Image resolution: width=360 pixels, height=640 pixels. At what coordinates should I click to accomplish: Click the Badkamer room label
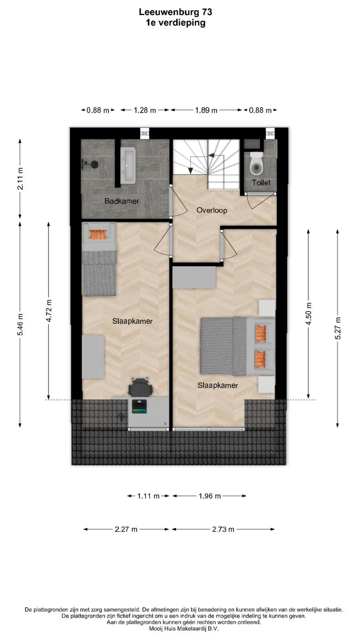point(122,201)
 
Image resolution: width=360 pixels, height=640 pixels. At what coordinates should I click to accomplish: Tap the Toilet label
point(261,182)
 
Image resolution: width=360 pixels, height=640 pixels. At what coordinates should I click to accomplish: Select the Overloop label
point(212,210)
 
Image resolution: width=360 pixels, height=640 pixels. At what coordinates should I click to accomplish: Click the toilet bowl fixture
point(256,164)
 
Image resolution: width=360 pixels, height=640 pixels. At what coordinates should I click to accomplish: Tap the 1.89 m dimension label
point(206,110)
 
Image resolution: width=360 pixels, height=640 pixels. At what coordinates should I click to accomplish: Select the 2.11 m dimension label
point(20,179)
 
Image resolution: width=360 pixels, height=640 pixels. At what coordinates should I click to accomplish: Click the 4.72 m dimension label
point(49,311)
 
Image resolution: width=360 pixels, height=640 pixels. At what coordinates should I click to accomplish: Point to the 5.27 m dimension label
point(338,328)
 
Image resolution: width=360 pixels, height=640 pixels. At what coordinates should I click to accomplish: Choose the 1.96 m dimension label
point(210,496)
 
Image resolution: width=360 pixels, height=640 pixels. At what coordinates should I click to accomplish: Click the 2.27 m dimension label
point(126,530)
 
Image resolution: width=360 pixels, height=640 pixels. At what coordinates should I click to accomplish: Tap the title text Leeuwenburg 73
point(176,12)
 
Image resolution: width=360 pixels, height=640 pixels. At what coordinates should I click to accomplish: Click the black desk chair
point(140,387)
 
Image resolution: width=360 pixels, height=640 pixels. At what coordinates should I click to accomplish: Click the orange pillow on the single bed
point(98,234)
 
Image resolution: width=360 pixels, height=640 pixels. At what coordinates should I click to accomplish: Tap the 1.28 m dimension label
point(145,110)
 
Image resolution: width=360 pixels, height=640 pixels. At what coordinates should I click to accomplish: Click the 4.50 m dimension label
point(308,314)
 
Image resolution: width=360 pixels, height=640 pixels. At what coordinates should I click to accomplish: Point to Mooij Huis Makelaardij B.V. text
point(184,628)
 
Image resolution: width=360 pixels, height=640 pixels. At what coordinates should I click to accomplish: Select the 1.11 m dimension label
point(148,496)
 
